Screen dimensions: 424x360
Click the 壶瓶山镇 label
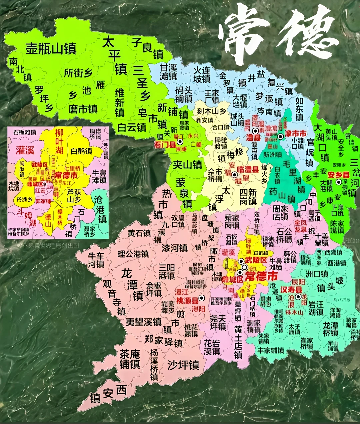pos(51,49)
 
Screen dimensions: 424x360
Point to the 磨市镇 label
pos(83,109)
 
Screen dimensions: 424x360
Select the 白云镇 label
pos(132,127)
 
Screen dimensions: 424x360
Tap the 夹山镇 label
pos(187,164)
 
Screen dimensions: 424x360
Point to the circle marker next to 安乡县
pos(339,182)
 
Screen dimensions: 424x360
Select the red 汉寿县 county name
pos(291,290)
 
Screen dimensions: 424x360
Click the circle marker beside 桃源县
pos(201,297)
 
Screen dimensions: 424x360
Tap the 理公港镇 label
pos(133,254)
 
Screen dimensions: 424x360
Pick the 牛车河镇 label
pos(96,260)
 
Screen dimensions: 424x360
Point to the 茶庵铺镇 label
pos(130,359)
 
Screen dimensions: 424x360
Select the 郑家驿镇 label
pos(163,341)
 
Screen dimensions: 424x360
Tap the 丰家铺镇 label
pos(271,350)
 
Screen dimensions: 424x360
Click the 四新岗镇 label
pos(248,197)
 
